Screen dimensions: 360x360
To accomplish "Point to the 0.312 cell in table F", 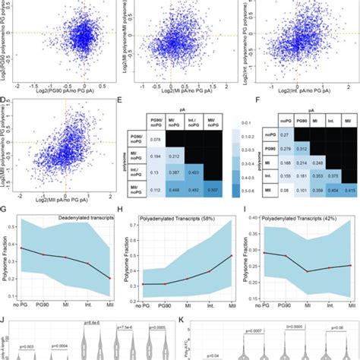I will point(302,148).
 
